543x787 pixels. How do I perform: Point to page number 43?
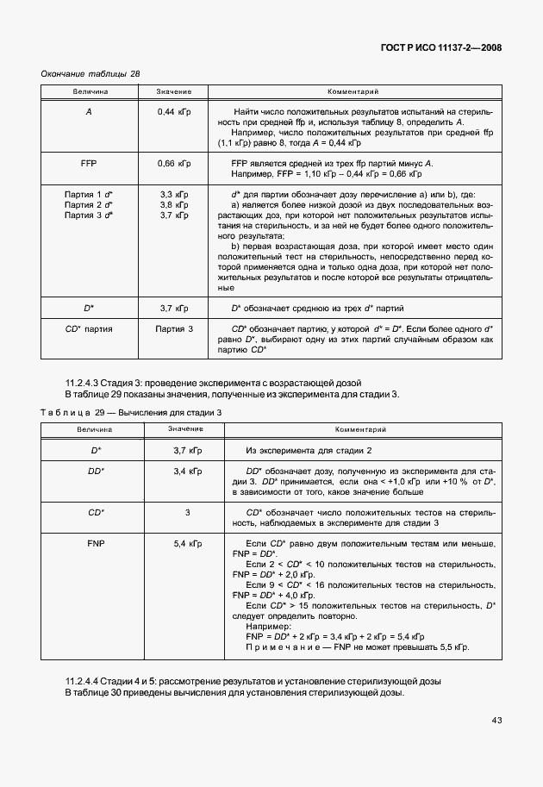tap(497, 720)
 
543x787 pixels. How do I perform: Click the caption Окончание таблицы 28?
tap(90, 74)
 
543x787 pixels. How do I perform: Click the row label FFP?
tap(90, 163)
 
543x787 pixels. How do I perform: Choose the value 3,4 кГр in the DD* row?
tap(187, 472)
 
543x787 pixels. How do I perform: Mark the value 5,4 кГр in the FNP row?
tap(187, 545)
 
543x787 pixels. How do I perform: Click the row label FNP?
tap(96, 545)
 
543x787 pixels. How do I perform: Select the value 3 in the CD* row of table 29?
tap(187, 513)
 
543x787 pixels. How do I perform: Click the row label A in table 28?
tap(90, 113)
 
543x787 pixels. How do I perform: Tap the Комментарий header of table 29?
tap(359, 428)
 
